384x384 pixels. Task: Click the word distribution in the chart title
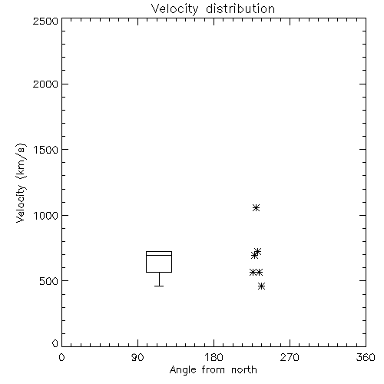click(x=240, y=8)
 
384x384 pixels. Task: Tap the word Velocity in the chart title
click(x=174, y=9)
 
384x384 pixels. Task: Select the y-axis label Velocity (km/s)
click(x=21, y=183)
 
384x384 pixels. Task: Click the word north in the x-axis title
click(x=244, y=369)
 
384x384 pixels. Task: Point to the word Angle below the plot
click(x=183, y=370)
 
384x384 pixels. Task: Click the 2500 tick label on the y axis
click(x=45, y=21)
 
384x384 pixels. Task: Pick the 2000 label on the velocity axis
click(x=45, y=84)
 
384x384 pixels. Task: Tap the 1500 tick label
click(x=46, y=150)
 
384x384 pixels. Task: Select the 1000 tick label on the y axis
click(x=46, y=216)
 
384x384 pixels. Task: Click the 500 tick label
click(x=49, y=281)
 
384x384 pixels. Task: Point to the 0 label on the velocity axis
click(x=55, y=343)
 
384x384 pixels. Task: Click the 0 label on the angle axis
click(x=61, y=357)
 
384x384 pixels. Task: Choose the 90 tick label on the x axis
click(x=137, y=357)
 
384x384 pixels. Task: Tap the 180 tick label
click(x=214, y=357)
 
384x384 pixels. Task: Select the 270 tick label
click(x=290, y=357)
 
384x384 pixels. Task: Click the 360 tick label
click(x=366, y=357)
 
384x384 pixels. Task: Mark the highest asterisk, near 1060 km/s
click(x=256, y=207)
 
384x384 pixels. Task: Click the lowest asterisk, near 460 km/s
click(x=261, y=286)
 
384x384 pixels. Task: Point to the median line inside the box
click(x=159, y=255)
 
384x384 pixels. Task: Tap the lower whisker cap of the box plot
click(x=159, y=286)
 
